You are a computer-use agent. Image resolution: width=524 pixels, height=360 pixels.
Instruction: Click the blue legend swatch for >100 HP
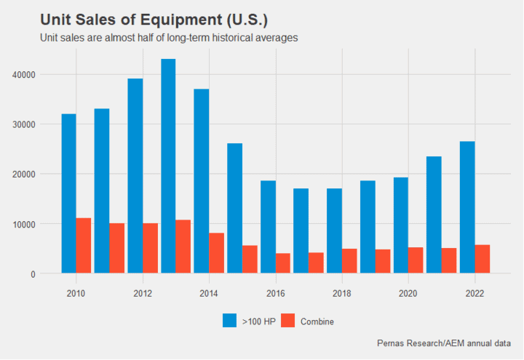tap(230, 321)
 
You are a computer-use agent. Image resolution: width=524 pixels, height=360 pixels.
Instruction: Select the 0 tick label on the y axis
tap(33, 274)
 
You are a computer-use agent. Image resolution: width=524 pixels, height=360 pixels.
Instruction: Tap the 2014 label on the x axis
tap(209, 293)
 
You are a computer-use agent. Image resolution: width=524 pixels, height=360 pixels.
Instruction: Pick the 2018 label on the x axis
tap(342, 293)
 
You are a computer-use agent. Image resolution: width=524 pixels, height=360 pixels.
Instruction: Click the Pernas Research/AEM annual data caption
tap(444, 343)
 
